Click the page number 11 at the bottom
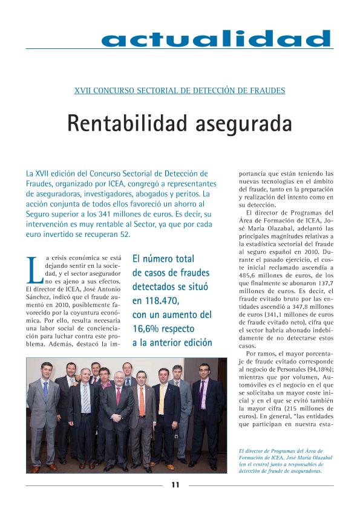tap(174, 484)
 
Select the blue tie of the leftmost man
tap(45, 390)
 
